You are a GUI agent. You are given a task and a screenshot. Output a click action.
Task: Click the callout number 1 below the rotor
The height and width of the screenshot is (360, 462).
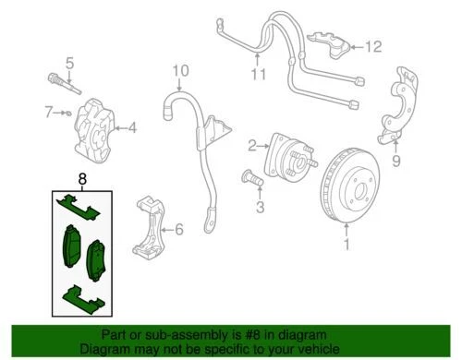point(347,246)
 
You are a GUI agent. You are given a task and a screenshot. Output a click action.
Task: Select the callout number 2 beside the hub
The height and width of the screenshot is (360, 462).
point(250,145)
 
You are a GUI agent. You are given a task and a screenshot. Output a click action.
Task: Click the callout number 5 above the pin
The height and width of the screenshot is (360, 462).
point(68,64)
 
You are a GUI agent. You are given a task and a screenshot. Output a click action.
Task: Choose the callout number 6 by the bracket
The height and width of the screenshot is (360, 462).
point(179,228)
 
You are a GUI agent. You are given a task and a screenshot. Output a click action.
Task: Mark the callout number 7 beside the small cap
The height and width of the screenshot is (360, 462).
point(48,112)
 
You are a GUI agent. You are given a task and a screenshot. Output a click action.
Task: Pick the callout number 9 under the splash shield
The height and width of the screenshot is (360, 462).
point(397,164)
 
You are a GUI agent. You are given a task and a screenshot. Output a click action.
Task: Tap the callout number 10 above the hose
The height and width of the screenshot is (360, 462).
point(179,70)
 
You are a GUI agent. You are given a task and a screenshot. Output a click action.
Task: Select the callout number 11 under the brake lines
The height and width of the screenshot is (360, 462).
point(258,73)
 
